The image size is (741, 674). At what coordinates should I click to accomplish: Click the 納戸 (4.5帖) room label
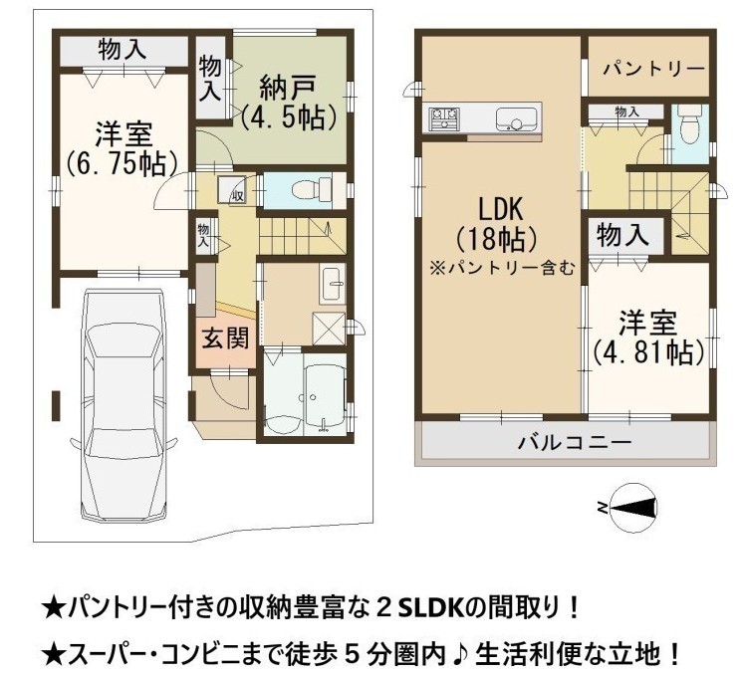(x=289, y=103)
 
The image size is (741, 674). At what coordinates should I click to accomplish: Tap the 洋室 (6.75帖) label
(x=123, y=148)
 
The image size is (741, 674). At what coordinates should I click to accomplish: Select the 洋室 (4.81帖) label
(x=648, y=337)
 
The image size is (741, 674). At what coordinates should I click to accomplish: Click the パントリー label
(x=654, y=70)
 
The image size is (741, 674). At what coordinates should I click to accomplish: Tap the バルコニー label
(x=575, y=443)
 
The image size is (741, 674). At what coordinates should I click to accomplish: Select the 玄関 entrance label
(x=225, y=338)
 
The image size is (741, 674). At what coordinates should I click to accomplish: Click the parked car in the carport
(x=123, y=406)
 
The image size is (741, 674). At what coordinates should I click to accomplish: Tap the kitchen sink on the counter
(x=517, y=118)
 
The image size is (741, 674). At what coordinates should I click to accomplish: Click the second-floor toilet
(x=689, y=124)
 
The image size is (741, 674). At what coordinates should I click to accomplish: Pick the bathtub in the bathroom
(x=326, y=393)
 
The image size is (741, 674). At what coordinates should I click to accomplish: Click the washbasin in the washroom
(x=333, y=284)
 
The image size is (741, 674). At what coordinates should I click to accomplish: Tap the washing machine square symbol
(x=329, y=329)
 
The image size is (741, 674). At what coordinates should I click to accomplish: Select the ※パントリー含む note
(x=501, y=268)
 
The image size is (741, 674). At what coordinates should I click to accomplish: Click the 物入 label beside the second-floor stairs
(x=622, y=235)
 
